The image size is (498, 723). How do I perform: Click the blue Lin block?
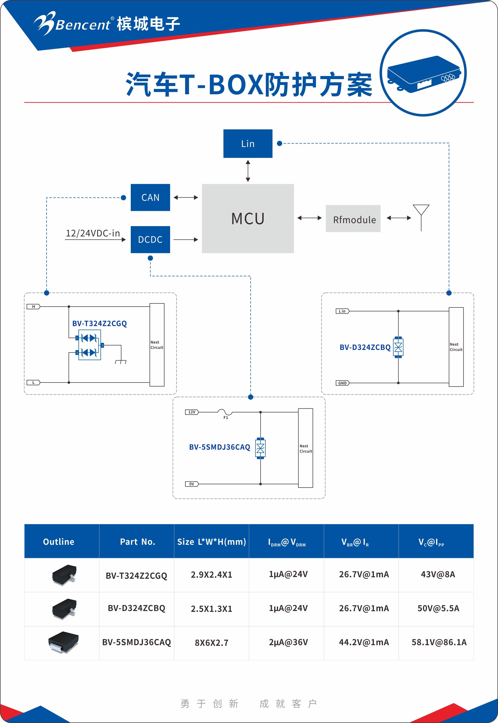tap(248, 143)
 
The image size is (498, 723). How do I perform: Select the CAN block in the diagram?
tap(150, 197)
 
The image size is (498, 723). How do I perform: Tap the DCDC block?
tap(150, 240)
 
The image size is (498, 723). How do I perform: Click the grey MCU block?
tap(248, 219)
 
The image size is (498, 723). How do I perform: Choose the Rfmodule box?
tap(353, 219)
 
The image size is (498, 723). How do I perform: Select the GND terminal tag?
tap(342, 383)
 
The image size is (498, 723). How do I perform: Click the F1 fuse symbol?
tap(225, 412)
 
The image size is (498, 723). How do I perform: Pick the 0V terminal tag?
tap(192, 484)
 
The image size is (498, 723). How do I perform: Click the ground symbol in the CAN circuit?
tap(121, 361)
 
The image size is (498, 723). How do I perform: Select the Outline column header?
tap(59, 541)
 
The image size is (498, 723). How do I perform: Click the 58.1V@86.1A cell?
tap(439, 642)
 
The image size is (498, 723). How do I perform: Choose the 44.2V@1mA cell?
tap(364, 642)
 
